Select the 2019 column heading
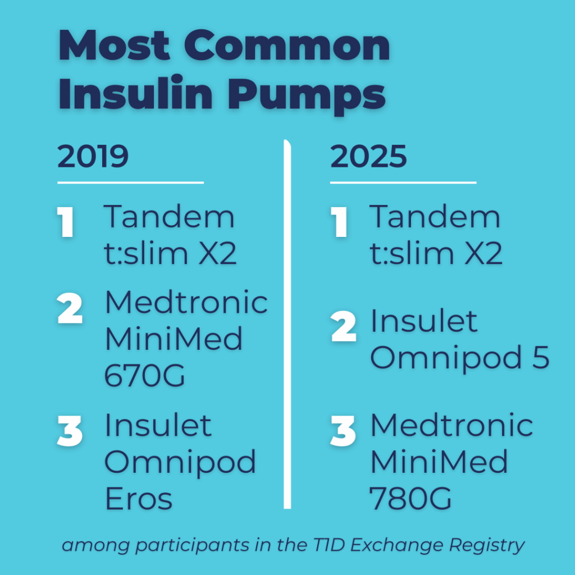coord(93,158)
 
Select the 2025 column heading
coord(368,158)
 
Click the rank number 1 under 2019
coord(67,223)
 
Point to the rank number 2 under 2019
coord(70,310)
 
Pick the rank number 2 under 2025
coord(343,328)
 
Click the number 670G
coord(145,375)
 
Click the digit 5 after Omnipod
coord(540,358)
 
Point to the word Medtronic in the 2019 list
coord(186,303)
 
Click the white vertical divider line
coord(287,326)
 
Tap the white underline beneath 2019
coord(130,182)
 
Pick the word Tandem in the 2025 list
coord(435,217)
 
